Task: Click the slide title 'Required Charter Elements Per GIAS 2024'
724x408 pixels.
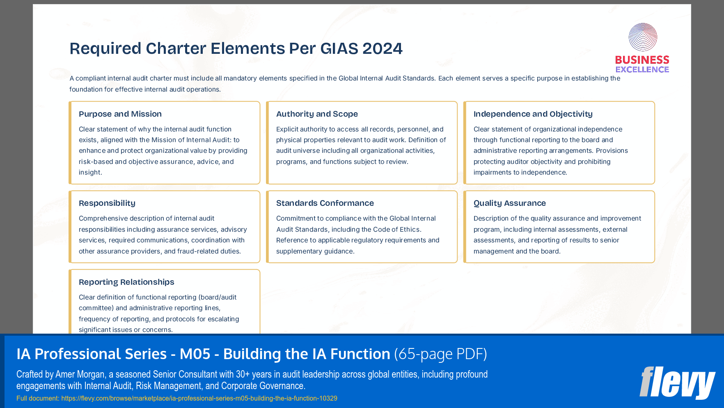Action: click(236, 48)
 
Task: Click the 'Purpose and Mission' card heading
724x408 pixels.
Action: click(120, 114)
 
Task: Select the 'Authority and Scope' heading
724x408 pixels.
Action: click(317, 114)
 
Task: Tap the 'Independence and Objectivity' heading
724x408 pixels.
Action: click(533, 114)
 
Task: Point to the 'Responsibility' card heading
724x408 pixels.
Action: click(107, 203)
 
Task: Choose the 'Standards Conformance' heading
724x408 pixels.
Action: click(325, 203)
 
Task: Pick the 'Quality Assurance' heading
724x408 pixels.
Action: click(509, 203)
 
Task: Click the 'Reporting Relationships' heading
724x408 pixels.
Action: click(126, 282)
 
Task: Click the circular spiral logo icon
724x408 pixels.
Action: click(643, 37)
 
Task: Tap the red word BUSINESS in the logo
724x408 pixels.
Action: click(642, 60)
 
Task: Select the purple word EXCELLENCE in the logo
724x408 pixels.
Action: click(642, 69)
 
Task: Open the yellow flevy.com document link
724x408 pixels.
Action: click(199, 398)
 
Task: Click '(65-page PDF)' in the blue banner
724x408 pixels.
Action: click(440, 354)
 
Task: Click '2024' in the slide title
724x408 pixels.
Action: click(382, 48)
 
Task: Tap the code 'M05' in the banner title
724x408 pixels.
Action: click(195, 354)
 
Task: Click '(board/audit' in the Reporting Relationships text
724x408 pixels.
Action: click(218, 297)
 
